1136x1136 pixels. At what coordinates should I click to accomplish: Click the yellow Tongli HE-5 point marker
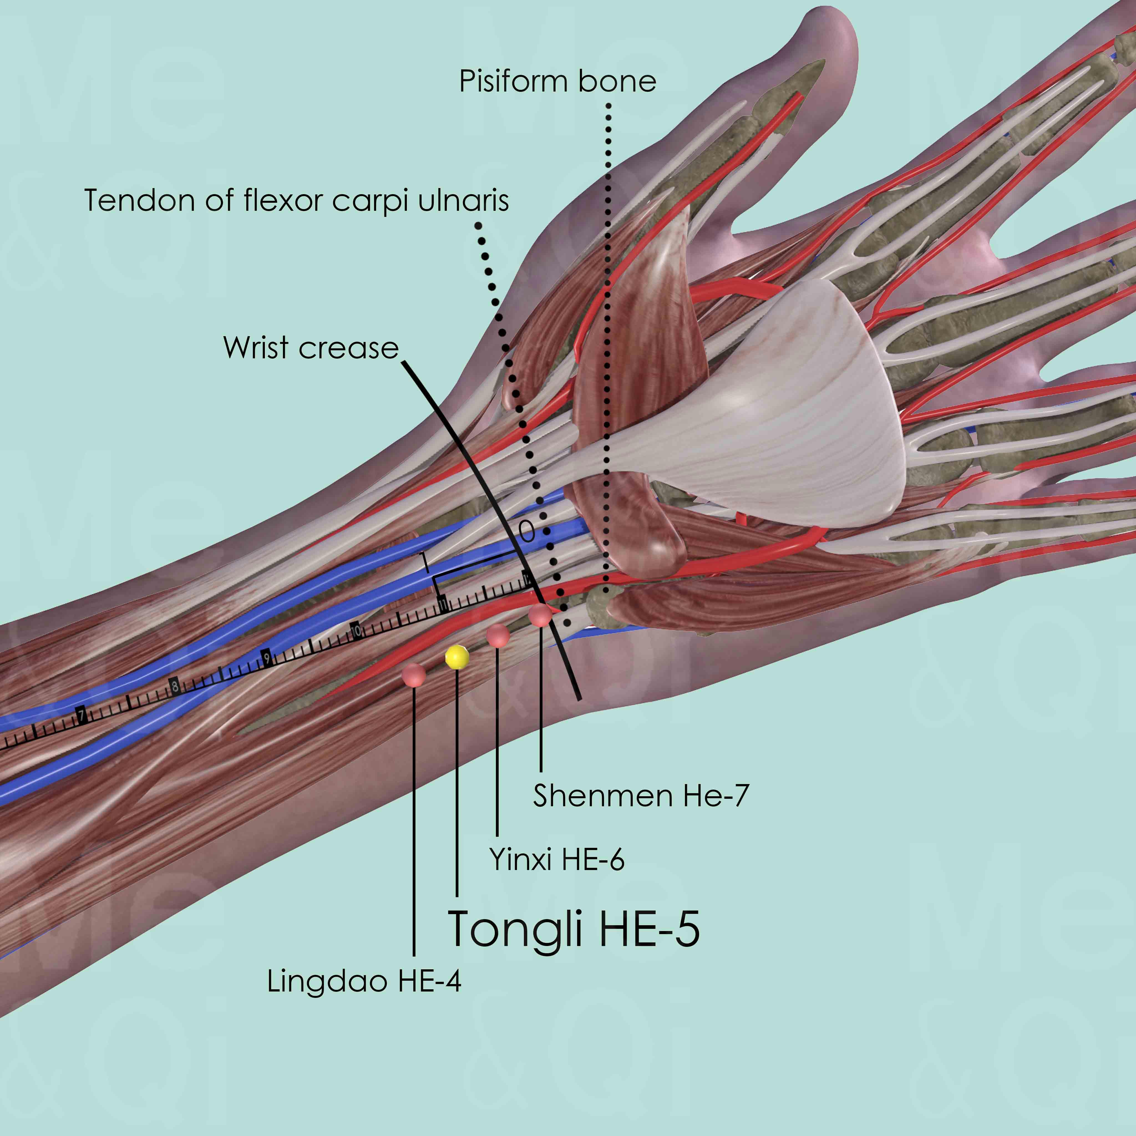457,657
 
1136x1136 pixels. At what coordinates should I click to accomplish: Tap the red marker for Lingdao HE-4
414,674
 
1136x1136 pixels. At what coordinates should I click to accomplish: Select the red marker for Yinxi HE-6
498,636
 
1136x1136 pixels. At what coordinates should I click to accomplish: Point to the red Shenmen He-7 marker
540,616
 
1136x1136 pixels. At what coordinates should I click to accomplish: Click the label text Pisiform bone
557,81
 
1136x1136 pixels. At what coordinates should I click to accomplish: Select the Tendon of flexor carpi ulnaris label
296,201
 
